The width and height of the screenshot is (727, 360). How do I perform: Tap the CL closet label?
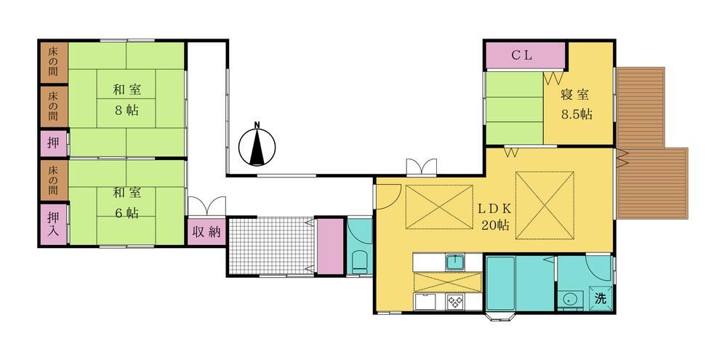(522, 55)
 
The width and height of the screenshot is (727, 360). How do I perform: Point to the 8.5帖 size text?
(577, 114)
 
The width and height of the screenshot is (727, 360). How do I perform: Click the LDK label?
(494, 207)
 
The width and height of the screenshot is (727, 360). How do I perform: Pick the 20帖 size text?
(496, 225)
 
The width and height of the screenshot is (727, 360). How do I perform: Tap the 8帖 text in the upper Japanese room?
(126, 111)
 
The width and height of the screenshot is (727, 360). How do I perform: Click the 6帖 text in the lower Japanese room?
(126, 213)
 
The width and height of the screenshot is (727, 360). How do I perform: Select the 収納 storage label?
(206, 231)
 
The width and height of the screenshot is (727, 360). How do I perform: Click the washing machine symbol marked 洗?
(601, 299)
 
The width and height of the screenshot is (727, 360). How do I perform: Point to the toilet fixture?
(360, 263)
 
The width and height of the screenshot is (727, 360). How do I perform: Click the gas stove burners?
(455, 302)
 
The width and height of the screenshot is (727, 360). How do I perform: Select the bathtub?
(501, 283)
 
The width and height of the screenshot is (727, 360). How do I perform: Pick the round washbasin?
(570, 299)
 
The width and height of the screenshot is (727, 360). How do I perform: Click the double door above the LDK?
(421, 167)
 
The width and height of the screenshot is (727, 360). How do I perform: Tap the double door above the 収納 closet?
(206, 206)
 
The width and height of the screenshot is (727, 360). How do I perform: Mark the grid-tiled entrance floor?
(272, 247)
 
